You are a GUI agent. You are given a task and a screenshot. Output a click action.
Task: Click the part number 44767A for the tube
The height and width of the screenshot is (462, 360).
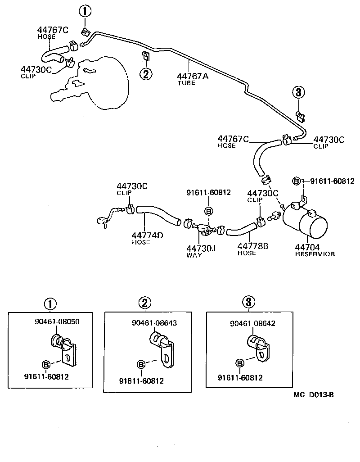tap(193, 76)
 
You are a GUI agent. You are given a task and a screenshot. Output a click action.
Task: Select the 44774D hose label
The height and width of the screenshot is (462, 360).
tap(147, 235)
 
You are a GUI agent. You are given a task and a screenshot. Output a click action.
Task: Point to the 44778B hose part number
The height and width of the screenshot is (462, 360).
tap(252, 246)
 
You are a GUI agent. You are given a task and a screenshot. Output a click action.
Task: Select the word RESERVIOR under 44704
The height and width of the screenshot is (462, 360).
tap(315, 254)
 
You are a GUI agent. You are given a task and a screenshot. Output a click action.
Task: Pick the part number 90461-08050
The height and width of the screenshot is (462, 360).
tap(57, 322)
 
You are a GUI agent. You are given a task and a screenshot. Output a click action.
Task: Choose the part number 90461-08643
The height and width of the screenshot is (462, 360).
tap(154, 323)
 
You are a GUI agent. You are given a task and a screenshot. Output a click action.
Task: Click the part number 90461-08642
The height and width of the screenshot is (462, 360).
tap(252, 323)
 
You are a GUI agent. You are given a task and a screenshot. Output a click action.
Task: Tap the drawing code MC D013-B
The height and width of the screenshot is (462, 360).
tap(313, 395)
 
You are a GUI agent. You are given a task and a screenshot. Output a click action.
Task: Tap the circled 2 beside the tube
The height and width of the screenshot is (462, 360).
tap(146, 74)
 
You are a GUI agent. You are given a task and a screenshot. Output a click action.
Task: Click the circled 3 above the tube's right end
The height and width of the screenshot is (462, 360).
tap(299, 93)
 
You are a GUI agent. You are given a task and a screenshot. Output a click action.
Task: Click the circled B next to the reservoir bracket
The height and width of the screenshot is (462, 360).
tap(296, 181)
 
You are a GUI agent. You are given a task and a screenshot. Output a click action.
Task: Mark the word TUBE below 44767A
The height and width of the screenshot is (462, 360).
tap(186, 83)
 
